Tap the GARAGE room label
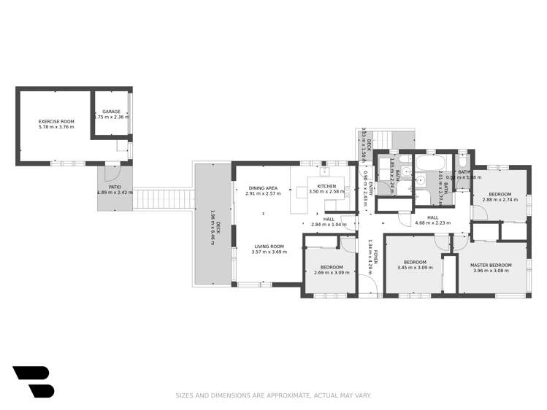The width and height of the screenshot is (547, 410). click(111, 112)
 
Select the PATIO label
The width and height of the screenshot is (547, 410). click(115, 187)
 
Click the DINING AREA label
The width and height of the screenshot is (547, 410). click(262, 188)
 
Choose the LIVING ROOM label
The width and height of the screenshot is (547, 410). click(268, 247)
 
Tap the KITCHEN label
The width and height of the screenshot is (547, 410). click(326, 186)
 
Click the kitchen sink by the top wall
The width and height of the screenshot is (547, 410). click(326, 173)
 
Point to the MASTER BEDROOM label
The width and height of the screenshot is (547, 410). click(490, 265)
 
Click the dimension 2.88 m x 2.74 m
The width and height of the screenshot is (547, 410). click(500, 199)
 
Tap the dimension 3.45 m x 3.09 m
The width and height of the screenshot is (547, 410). click(414, 268)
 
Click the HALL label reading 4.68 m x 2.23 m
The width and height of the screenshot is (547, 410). click(432, 223)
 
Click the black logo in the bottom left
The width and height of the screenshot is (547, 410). click(33, 382)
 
